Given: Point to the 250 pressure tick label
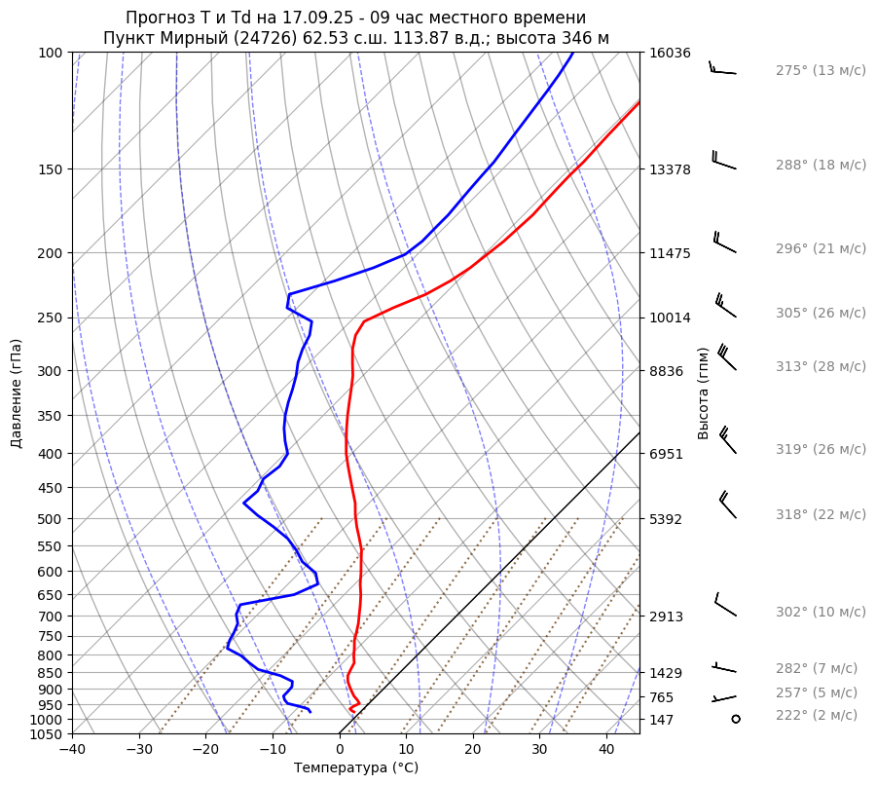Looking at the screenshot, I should coord(51,318).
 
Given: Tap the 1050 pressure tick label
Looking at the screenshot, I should coord(47,734).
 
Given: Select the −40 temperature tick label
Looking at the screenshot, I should coord(72,750).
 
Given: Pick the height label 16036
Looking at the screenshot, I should coord(670,53).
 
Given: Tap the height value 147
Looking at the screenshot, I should coord(663,720).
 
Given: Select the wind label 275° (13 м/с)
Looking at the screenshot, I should coord(821,71).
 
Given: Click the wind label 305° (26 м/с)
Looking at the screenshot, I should coord(821,313).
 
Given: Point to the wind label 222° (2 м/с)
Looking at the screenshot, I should coord(817,715).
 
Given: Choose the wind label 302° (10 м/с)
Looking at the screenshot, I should coord(821,612).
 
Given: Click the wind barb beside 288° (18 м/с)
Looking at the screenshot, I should coord(723,161).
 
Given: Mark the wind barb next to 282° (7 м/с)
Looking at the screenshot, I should coord(725,667).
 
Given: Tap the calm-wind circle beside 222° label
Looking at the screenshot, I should coord(735,718).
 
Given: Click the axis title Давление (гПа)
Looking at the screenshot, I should coord(17,393).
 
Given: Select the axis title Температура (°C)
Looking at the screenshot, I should coord(356,768).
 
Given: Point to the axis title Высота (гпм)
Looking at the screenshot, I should coord(704,392).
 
